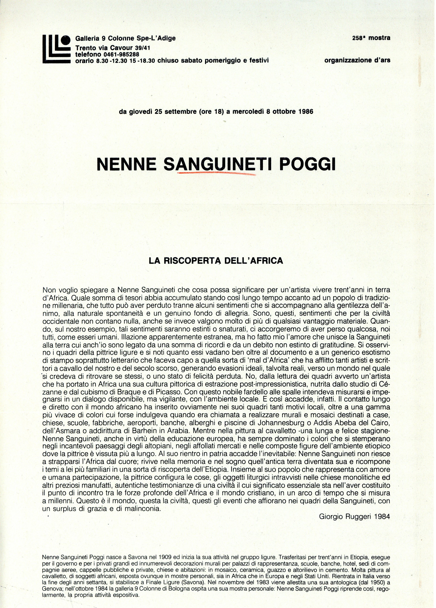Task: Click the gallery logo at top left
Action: coord(56,50)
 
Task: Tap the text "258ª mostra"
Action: coord(371,38)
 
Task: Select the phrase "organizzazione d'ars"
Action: coord(357,61)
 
